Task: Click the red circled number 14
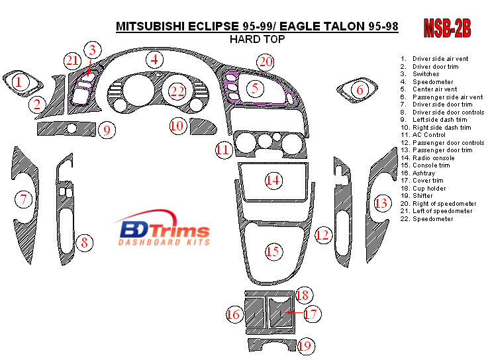(273, 179)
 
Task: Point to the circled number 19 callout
(305, 345)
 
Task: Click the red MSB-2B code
(447, 28)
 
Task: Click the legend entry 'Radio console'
(433, 157)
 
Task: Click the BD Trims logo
(164, 232)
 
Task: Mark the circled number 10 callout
(177, 124)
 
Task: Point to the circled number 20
(266, 62)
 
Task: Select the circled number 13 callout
(381, 202)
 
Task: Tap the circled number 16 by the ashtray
(233, 314)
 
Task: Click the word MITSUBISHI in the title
(154, 26)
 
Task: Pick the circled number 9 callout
(107, 130)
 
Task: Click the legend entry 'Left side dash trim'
(440, 120)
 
